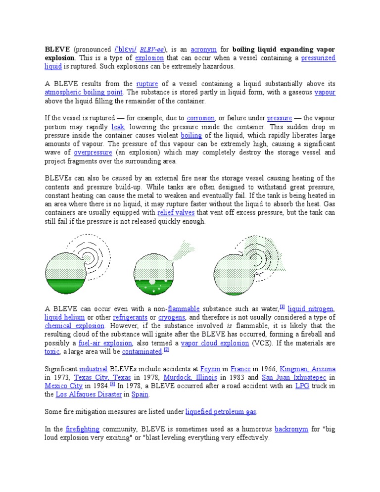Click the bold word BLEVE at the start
click(x=57, y=49)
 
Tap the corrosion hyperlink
click(x=200, y=118)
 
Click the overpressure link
click(x=93, y=152)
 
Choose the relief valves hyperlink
click(x=176, y=213)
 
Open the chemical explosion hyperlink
click(x=74, y=326)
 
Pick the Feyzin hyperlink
click(x=211, y=369)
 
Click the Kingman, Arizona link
click(x=308, y=369)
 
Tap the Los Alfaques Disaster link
click(x=89, y=394)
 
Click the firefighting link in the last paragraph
click(x=83, y=429)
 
